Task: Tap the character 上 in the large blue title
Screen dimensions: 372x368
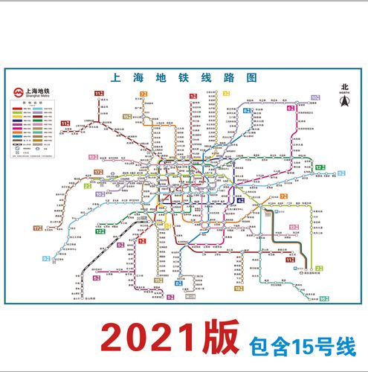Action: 114,77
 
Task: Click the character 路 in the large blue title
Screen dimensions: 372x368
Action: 228,77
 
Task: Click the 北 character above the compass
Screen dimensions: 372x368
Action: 344,86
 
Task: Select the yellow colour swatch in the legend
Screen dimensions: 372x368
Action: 17,117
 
